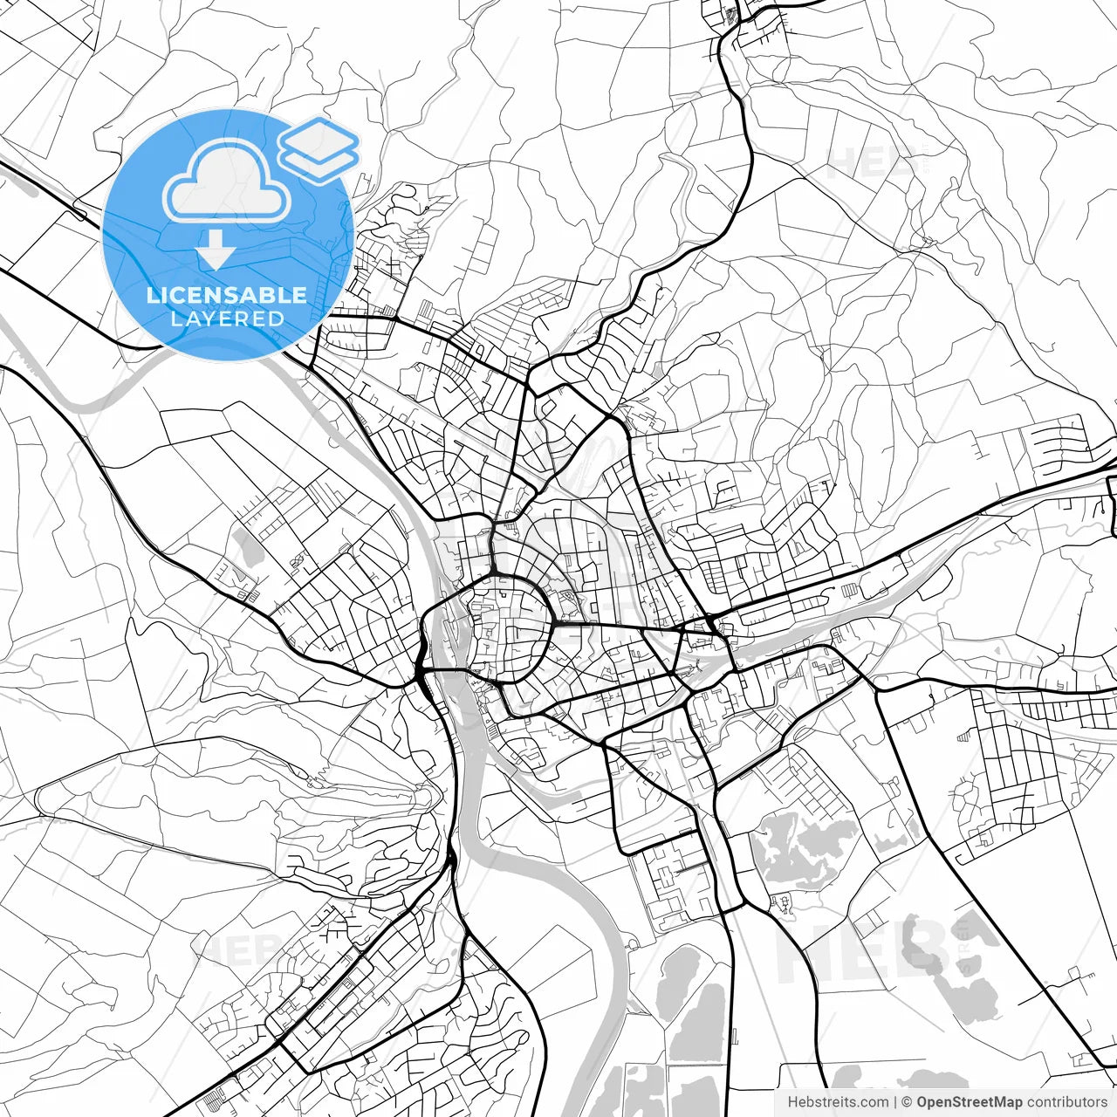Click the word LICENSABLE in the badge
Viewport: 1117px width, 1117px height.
[227, 295]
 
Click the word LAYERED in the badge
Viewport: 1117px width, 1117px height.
[227, 319]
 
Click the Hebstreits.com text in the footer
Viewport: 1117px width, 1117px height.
[838, 1102]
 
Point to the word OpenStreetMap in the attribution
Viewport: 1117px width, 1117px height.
[970, 1102]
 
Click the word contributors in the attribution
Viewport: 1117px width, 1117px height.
[1066, 1102]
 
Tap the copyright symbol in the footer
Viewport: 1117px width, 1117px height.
[907, 1102]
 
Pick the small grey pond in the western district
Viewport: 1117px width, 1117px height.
[245, 547]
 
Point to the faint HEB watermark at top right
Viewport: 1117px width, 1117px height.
[864, 161]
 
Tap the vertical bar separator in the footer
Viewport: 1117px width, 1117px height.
[895, 1102]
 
